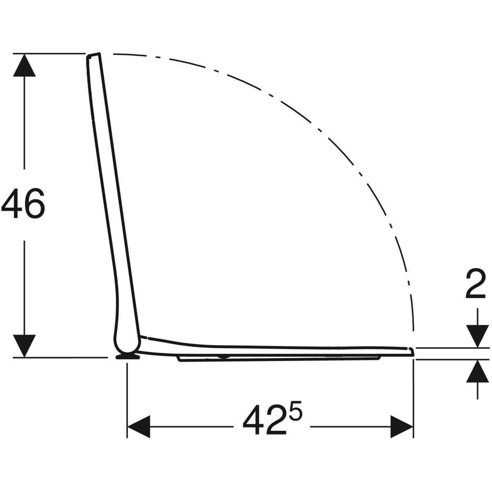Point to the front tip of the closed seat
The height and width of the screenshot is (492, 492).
[x=412, y=352]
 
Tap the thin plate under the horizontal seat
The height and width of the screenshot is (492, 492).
[x=279, y=360]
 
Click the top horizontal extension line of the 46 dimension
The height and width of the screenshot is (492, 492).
[x=49, y=53]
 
